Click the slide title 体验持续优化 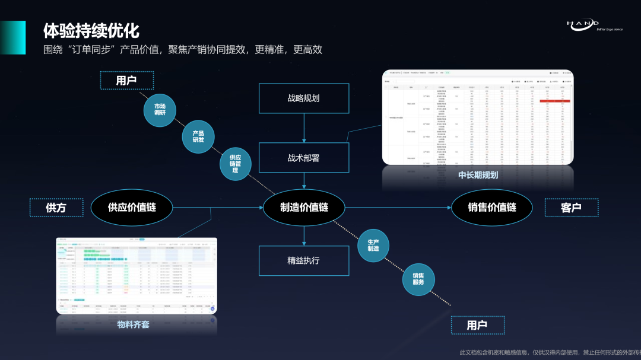tap(91, 31)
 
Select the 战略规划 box tap(303, 98)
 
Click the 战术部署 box tap(303, 158)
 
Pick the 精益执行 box tap(303, 260)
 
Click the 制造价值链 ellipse tap(304, 207)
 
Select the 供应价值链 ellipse tap(132, 207)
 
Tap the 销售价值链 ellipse tap(492, 207)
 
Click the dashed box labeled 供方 tap(56, 208)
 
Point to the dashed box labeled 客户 tap(571, 208)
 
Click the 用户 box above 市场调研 tap(126, 80)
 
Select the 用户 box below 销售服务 tap(477, 325)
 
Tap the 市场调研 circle tap(160, 109)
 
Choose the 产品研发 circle tap(198, 136)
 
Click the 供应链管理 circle tap(236, 164)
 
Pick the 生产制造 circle tap(373, 245)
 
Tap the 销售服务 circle tap(418, 279)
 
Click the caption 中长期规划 tap(478, 175)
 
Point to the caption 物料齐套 tap(134, 324)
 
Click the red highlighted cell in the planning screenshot tap(554, 101)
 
